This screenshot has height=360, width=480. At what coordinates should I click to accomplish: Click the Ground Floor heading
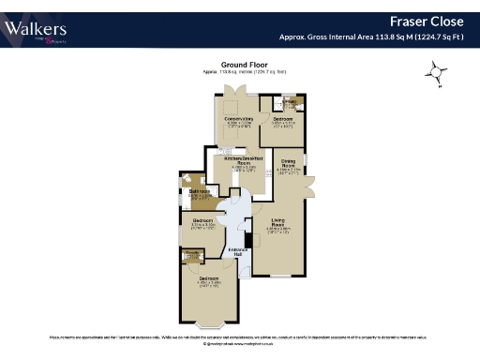coord(240,64)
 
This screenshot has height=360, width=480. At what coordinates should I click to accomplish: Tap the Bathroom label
coord(199,192)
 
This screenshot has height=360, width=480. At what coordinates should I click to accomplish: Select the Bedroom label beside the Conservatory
coord(284,120)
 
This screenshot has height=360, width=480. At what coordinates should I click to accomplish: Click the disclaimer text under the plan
coord(240,335)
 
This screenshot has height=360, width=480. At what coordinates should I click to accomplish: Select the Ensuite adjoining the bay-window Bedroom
coord(193,256)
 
